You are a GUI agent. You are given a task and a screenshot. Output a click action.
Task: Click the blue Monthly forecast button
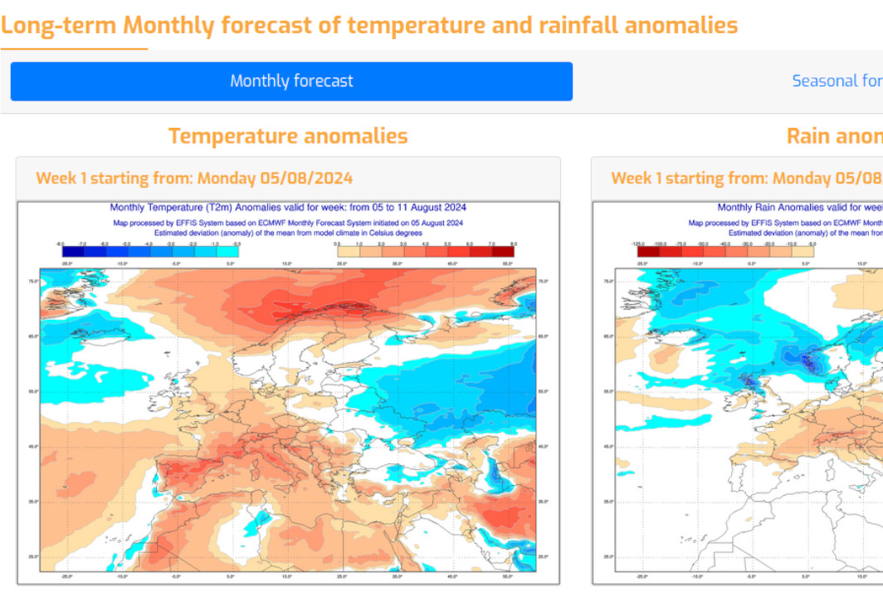click(x=291, y=81)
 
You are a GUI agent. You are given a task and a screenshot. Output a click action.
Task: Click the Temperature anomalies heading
click(x=288, y=136)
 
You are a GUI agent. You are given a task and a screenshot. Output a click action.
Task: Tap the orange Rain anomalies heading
click(x=834, y=136)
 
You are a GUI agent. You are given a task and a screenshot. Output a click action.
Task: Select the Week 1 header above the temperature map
click(x=194, y=179)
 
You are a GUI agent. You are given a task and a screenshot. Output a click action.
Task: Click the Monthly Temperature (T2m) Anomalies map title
click(x=288, y=208)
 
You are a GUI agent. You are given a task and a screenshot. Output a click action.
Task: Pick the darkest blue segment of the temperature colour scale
click(x=73, y=251)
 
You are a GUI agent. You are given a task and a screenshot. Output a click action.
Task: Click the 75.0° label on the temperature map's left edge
click(x=32, y=282)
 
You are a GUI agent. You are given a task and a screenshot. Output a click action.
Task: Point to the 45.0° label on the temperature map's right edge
click(x=544, y=447)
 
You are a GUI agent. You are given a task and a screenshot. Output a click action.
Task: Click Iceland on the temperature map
click(x=90, y=335)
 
